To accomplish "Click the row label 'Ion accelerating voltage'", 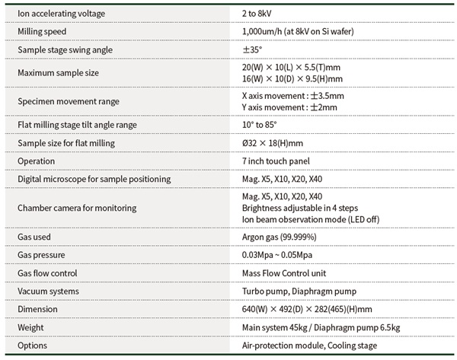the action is (62, 14).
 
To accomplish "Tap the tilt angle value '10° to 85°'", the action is (259, 124).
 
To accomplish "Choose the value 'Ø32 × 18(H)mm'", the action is (272, 142).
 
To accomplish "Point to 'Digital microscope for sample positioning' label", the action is (94, 179).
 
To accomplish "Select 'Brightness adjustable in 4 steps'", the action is (298, 208).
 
